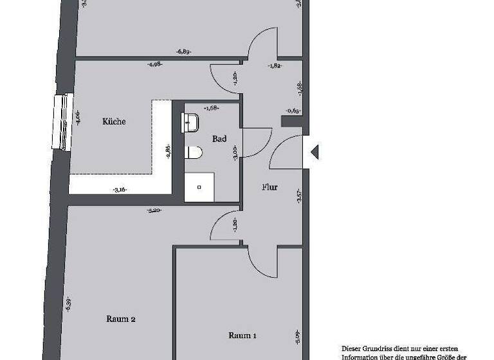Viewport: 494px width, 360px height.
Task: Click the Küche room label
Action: coord(114,122)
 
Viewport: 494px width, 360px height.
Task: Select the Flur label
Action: coord(270,188)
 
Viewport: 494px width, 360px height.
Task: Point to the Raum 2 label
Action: coord(120,318)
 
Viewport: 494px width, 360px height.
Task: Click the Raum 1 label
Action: coord(242,335)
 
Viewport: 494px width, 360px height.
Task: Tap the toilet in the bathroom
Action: coord(194,152)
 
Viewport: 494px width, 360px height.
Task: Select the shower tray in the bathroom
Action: coord(199,187)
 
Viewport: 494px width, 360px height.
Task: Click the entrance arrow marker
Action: coord(314,152)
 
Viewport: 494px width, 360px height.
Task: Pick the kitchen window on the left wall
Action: coord(62,122)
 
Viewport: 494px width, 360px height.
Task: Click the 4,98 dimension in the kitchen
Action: coord(154,64)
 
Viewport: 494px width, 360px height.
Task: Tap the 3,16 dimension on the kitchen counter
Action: coord(119,189)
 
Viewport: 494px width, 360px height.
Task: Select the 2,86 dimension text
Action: coord(169,152)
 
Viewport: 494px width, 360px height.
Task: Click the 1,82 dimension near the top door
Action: coord(273,65)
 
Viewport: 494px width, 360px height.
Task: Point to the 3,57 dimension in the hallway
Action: coord(298,197)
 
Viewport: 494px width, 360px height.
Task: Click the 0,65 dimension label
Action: coord(292,111)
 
